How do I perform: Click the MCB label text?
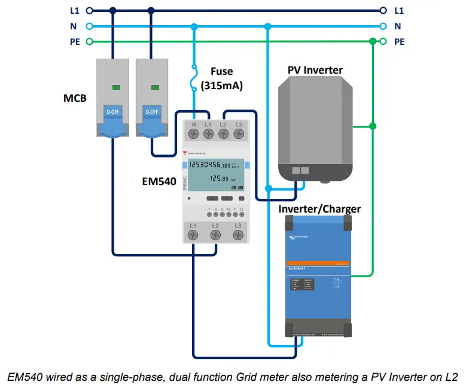coord(75,97)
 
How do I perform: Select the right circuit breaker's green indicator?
coord(155,87)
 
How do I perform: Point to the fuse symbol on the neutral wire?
coord(193,78)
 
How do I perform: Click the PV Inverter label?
coord(315,70)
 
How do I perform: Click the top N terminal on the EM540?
coord(194,134)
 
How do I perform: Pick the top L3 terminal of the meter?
coord(238,134)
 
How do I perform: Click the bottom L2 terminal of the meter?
coord(215,235)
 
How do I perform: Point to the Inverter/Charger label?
coord(319,209)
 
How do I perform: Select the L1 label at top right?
coord(399,10)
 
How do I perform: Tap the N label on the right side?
coord(398,26)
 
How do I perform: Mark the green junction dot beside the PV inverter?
coord(373,126)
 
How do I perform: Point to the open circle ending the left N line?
coord(89,26)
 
